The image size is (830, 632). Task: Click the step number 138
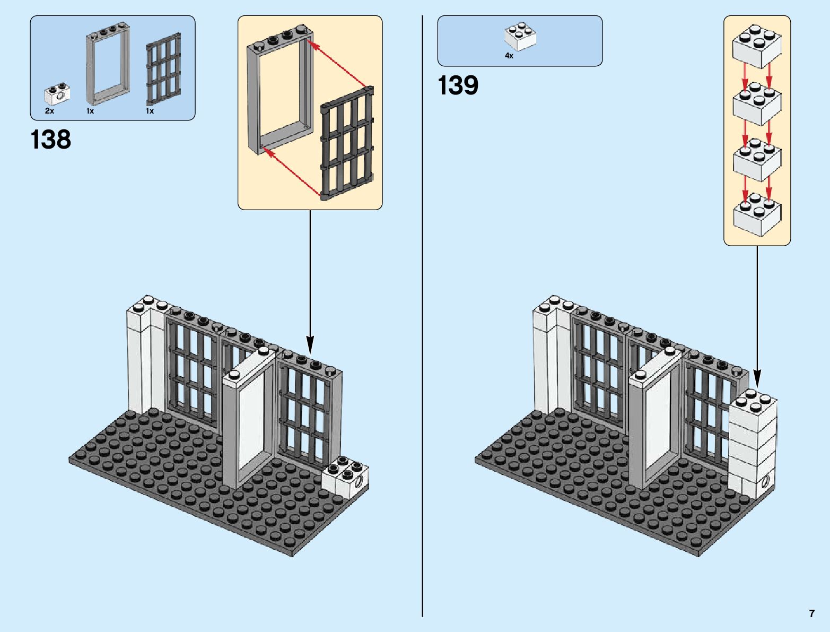[x=51, y=140]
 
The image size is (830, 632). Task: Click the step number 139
[x=458, y=85]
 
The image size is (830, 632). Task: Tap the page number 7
[x=811, y=614]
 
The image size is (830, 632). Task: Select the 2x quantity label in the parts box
[x=49, y=111]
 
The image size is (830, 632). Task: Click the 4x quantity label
[x=509, y=55]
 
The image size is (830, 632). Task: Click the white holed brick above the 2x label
[x=57, y=94]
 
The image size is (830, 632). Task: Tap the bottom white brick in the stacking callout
[x=757, y=214]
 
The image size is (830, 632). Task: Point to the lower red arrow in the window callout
[x=292, y=172]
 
